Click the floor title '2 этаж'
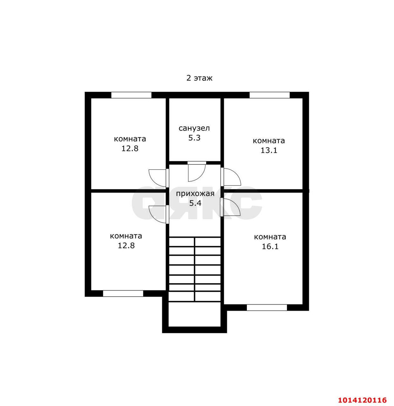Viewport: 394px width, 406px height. (x=199, y=78)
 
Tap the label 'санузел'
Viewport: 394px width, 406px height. (x=194, y=128)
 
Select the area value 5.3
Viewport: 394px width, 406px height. (x=194, y=138)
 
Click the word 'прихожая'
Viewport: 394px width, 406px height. (x=195, y=193)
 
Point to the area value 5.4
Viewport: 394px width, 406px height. (x=195, y=203)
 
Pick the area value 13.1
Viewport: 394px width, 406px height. (x=269, y=150)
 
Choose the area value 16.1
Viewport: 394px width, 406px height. (x=270, y=246)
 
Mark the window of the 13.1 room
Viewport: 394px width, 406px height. (x=269, y=95)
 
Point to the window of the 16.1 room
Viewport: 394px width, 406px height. (x=267, y=308)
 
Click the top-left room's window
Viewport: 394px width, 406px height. (x=131, y=95)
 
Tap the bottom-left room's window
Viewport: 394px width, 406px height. (x=123, y=293)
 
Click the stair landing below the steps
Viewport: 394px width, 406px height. (x=194, y=314)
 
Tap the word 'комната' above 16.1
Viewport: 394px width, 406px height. (x=270, y=237)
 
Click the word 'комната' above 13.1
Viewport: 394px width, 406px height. (x=269, y=141)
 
